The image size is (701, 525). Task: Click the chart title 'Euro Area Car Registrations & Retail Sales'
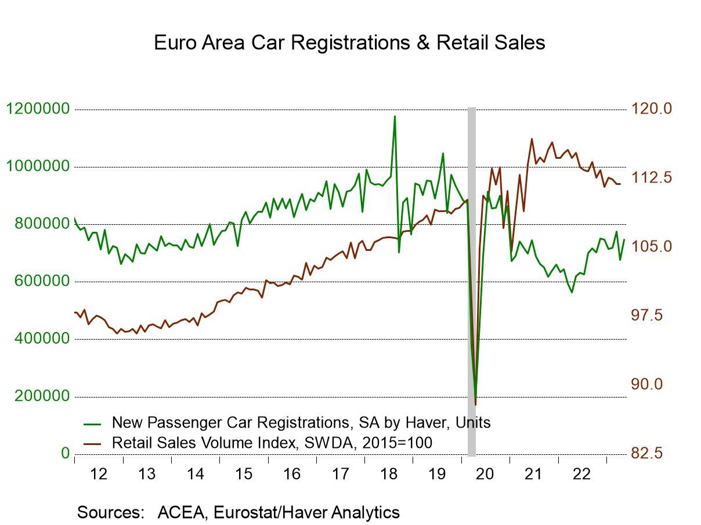pos(349,43)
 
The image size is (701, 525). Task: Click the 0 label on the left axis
pos(65,453)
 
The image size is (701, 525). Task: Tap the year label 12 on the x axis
pos(99,474)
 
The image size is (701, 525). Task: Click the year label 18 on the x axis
pos(388,474)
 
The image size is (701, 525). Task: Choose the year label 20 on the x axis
pos(485,474)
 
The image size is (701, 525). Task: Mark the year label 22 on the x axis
pos(581,474)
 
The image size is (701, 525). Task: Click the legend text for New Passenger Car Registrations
pos(301,422)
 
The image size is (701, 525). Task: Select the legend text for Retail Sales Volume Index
pos(272,443)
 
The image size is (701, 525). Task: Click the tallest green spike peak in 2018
pos(395,116)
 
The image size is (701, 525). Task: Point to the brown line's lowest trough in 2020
pos(475,404)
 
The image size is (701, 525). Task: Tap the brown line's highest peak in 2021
pos(532,139)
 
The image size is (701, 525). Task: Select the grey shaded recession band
pos(472,278)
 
